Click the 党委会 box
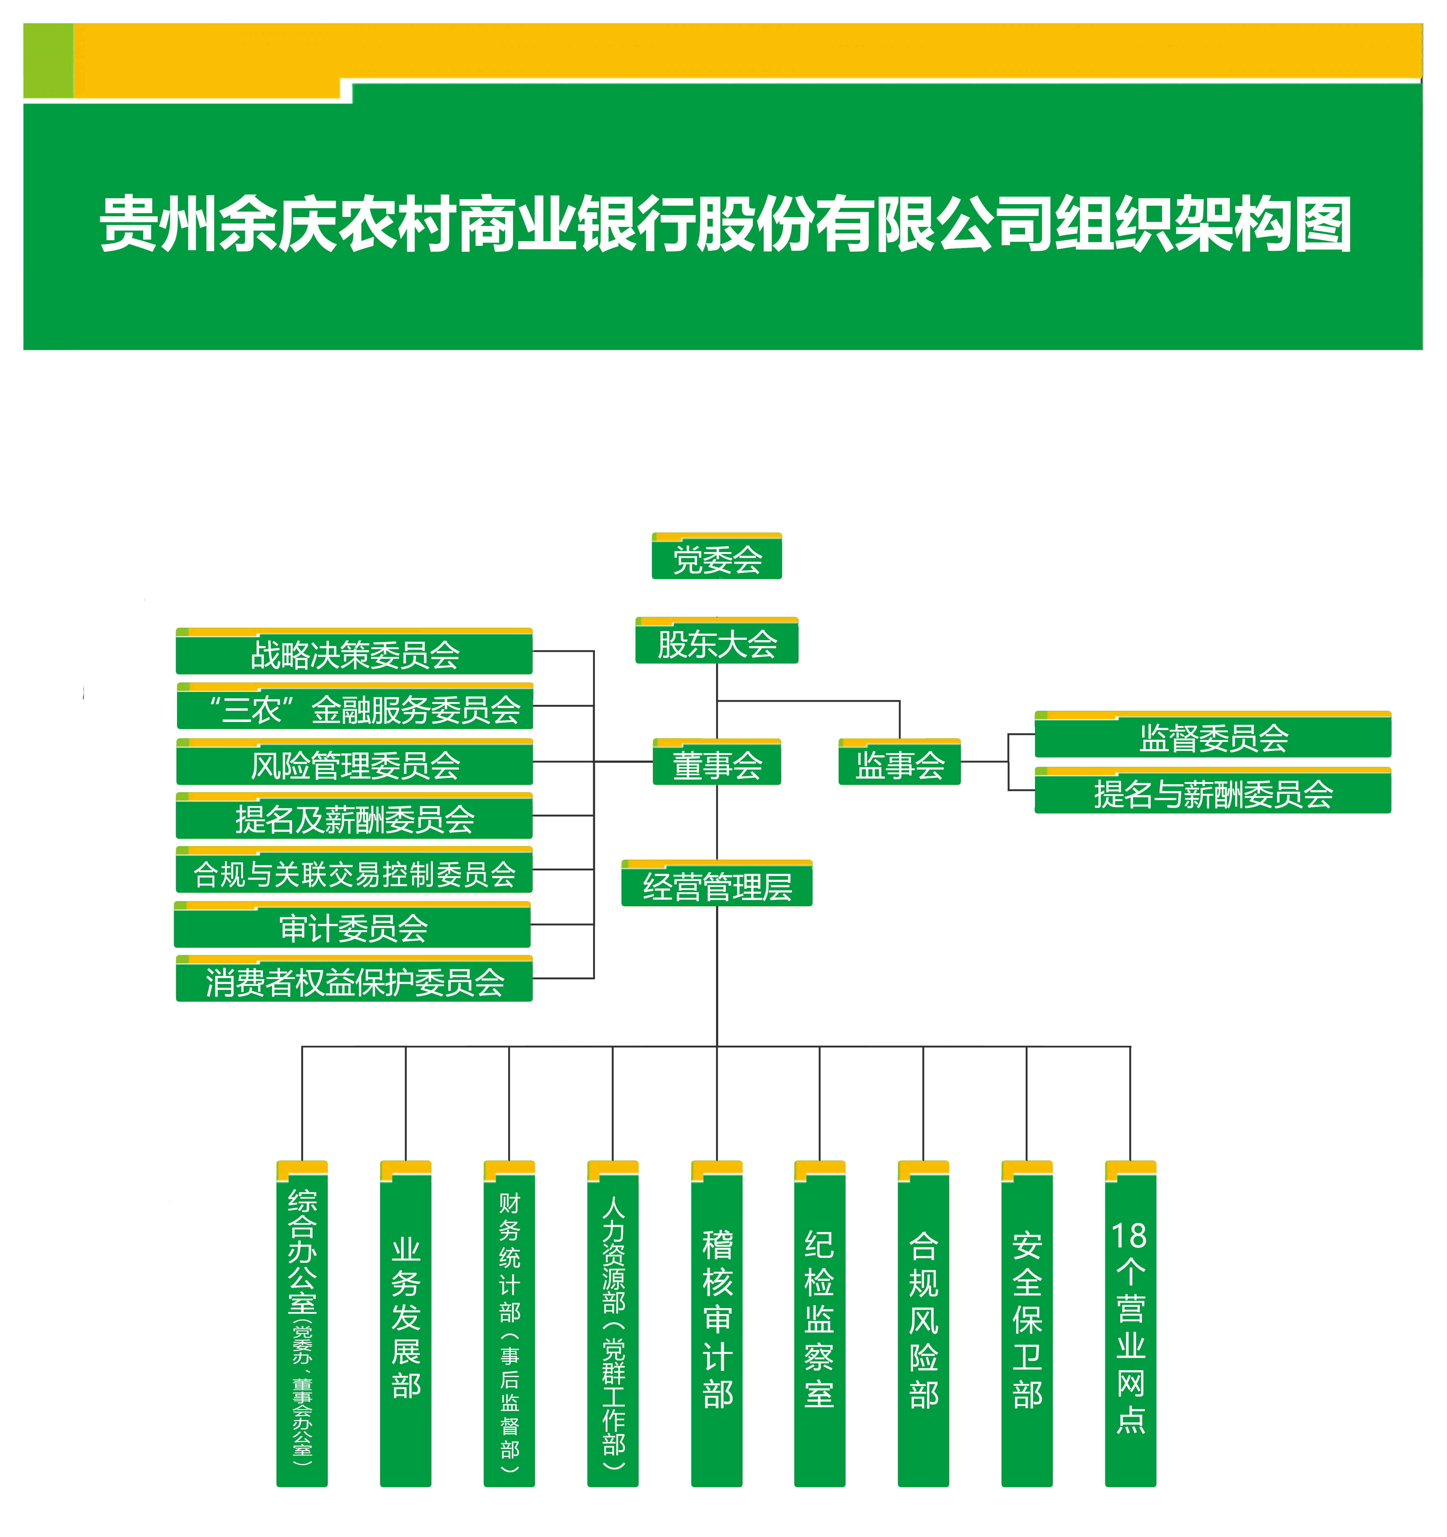[x=717, y=556]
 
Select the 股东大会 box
[x=717, y=640]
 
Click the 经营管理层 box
[x=717, y=883]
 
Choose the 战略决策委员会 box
[x=354, y=651]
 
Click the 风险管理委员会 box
[x=354, y=761]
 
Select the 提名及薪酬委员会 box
[x=354, y=816]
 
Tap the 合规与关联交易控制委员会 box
[x=354, y=870]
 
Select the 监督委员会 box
[x=1213, y=734]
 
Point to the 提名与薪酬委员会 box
[x=1213, y=790]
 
